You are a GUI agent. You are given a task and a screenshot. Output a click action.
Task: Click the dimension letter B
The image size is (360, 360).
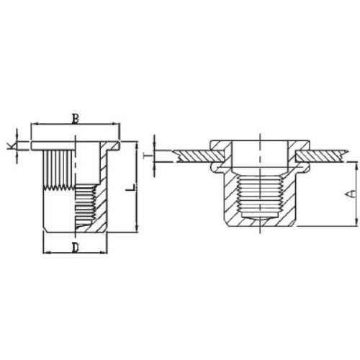click(x=76, y=119)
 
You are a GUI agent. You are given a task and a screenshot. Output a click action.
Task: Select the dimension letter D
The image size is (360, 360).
click(x=76, y=248)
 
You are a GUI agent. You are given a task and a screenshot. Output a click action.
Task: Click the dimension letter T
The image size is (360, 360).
click(x=149, y=156)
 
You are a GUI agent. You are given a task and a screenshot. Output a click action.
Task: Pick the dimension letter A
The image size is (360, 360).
click(x=351, y=194)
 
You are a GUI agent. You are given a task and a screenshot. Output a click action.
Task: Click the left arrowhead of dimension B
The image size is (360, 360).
click(x=34, y=124)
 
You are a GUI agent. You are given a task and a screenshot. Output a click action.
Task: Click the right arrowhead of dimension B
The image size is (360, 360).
click(x=116, y=124)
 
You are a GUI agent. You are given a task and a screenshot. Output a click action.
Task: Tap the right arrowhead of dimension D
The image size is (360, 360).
click(x=104, y=253)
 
